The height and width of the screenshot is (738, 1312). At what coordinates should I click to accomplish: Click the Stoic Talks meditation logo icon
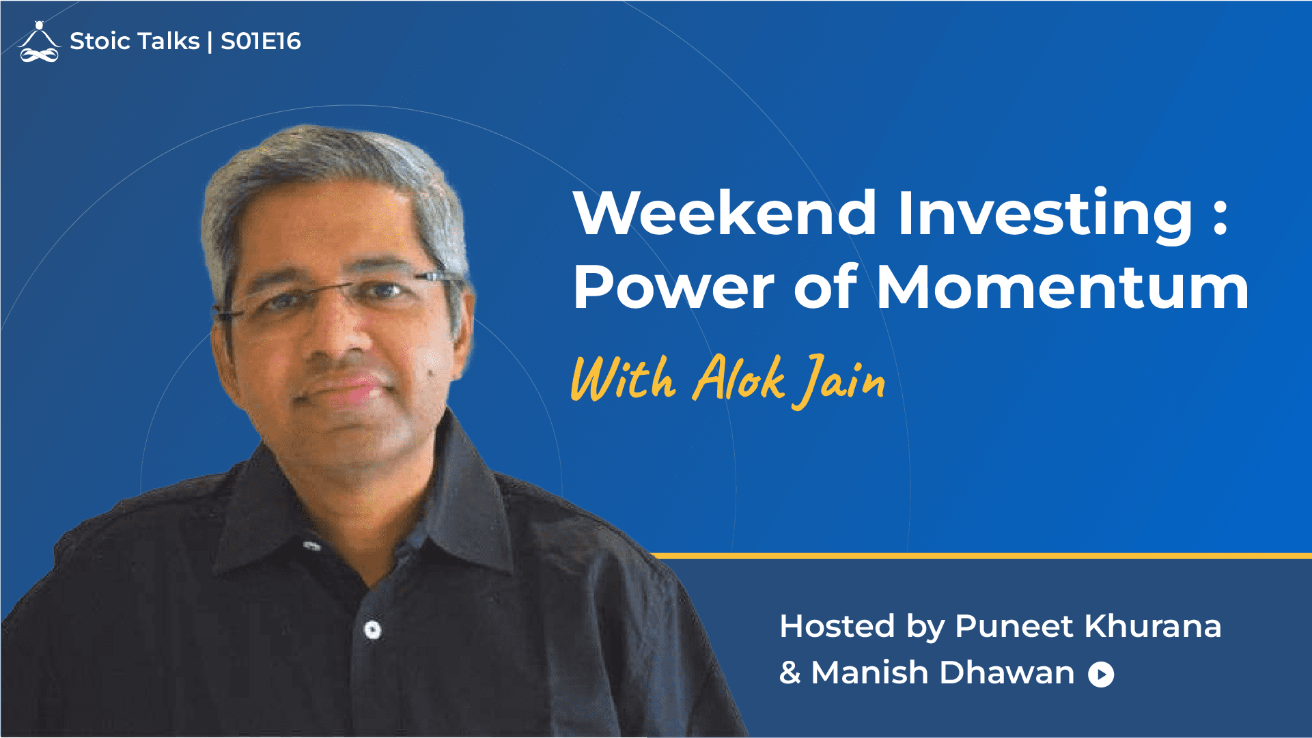(40, 42)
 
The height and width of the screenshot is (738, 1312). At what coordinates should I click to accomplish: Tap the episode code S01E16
(261, 42)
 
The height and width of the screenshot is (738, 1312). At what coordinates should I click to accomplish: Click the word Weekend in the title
(725, 213)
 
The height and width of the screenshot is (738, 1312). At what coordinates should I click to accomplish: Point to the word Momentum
(1063, 287)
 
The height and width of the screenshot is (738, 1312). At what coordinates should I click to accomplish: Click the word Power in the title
(673, 287)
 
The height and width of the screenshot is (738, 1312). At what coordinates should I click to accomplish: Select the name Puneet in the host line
(1014, 627)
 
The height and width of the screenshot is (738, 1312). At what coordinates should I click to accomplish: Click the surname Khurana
(1153, 626)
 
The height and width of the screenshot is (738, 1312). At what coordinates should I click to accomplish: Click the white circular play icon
(1101, 675)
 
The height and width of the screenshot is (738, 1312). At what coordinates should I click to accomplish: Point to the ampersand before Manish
(790, 673)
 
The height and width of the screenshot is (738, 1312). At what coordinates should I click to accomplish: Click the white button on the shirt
(372, 629)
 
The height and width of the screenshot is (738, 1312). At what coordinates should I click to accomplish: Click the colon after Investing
(1220, 217)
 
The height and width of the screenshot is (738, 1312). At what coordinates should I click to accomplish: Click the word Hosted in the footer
(837, 626)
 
